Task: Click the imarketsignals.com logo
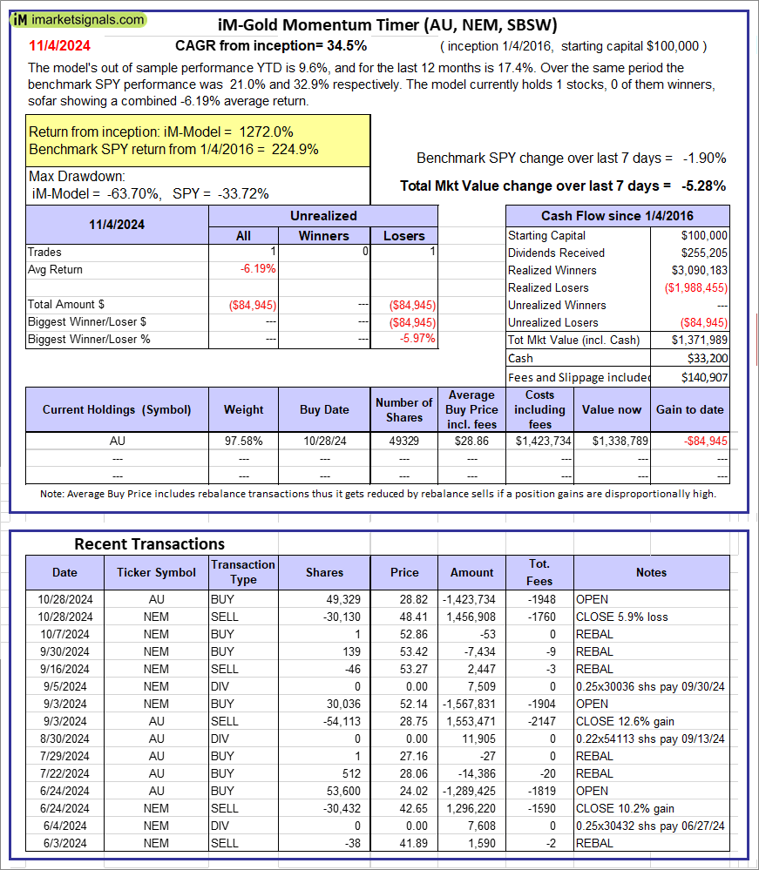[x=79, y=19]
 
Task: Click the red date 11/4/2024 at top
[x=58, y=45]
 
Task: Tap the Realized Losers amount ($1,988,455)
[x=695, y=287]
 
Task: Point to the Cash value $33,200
[x=707, y=358]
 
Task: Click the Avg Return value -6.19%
[x=258, y=269]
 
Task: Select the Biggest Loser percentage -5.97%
[x=417, y=339]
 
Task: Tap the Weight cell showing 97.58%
[x=244, y=441]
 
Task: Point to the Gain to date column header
[x=691, y=409]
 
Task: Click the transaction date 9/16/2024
[x=64, y=669]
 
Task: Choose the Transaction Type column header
[x=243, y=572]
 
